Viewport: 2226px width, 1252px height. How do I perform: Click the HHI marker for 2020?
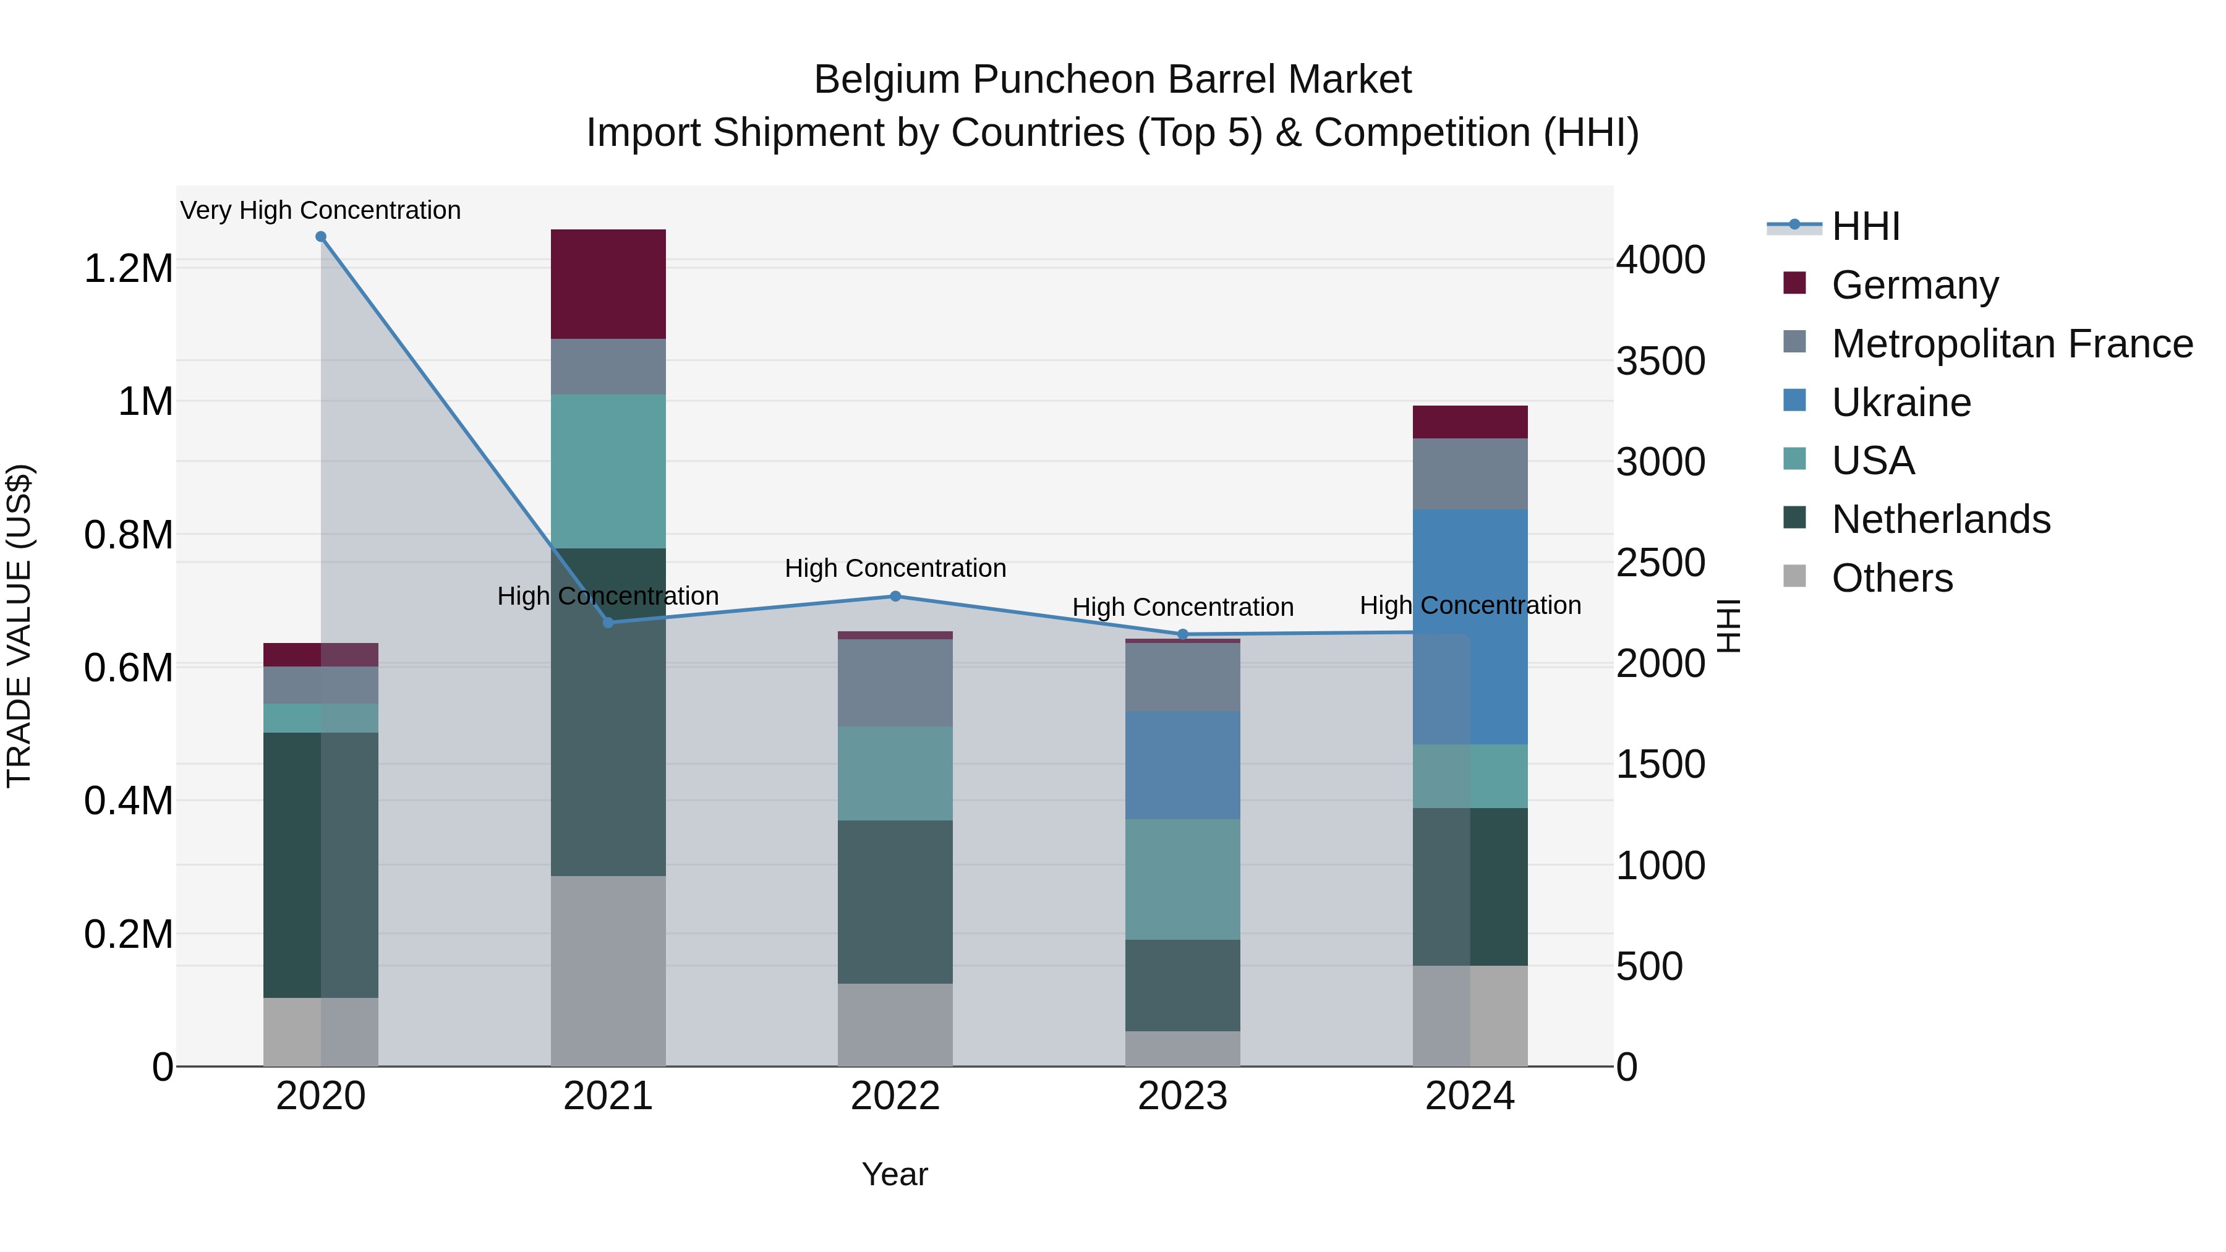(320, 237)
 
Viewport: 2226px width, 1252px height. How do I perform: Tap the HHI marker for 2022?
(895, 596)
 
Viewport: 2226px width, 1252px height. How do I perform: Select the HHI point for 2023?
(1183, 634)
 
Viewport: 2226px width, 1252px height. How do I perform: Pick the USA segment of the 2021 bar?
(608, 471)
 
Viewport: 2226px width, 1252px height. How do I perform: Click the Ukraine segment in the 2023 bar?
(1183, 765)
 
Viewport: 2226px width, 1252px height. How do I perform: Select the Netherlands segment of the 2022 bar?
(895, 901)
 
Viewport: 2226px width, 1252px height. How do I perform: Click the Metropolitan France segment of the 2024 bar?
(1470, 474)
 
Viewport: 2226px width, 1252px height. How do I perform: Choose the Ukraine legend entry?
(1901, 402)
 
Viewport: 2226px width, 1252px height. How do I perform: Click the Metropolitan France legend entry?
(2011, 344)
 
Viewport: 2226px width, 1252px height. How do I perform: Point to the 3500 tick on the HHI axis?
(1660, 361)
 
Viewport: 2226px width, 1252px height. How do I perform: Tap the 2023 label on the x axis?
(1182, 1096)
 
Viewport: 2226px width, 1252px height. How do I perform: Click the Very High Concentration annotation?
(320, 210)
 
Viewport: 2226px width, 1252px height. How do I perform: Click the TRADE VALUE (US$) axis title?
(19, 626)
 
